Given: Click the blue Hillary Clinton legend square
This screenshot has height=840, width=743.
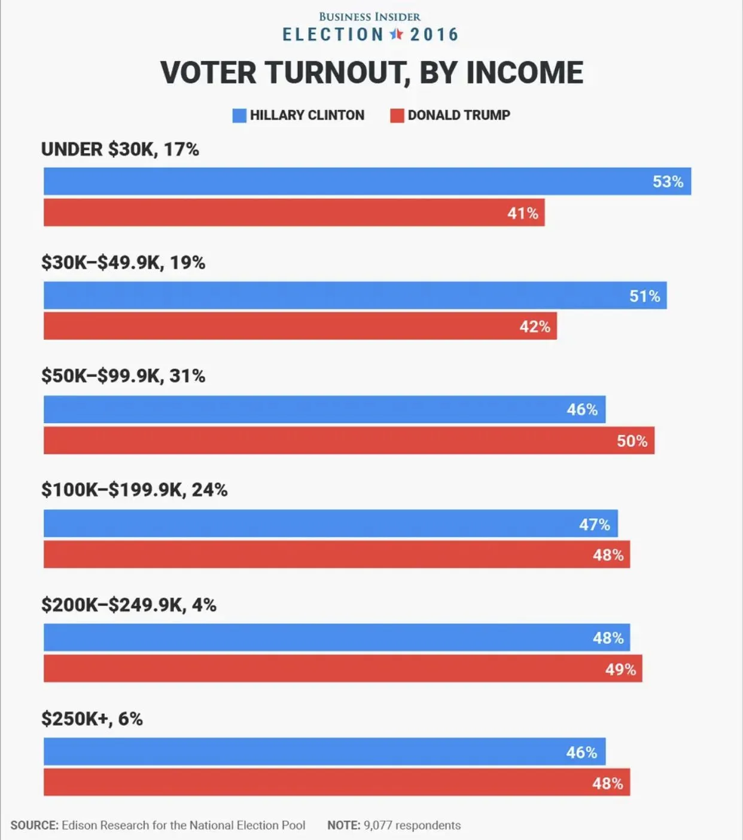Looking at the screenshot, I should [239, 115].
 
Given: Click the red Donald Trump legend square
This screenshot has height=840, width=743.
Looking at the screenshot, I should [397, 115].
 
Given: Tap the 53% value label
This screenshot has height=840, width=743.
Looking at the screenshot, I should [668, 182].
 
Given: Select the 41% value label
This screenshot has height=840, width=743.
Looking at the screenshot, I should [523, 213].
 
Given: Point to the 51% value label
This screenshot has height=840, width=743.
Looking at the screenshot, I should [644, 296].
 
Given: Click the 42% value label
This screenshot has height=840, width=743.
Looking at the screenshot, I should [535, 327].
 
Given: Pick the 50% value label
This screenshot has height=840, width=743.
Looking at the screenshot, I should [632, 441].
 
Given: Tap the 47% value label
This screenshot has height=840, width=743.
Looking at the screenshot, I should [594, 525].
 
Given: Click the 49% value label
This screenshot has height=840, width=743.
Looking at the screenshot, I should [620, 669].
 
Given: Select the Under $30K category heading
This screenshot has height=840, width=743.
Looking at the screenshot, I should [120, 150].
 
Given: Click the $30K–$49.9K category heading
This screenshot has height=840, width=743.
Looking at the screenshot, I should [123, 263].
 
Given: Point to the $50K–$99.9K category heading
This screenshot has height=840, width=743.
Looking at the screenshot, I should [123, 376].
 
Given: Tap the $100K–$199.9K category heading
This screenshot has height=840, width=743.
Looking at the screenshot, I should [135, 490].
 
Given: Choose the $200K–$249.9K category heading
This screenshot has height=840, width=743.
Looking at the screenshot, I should [129, 605].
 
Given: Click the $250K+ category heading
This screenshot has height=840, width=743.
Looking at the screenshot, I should [92, 719].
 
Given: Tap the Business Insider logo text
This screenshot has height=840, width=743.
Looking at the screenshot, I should [370, 17].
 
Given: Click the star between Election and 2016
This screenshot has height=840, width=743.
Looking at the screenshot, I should [396, 34].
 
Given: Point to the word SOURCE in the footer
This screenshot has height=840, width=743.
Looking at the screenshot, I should [34, 826].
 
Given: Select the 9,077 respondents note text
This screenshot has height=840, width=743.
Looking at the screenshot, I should [412, 826].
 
